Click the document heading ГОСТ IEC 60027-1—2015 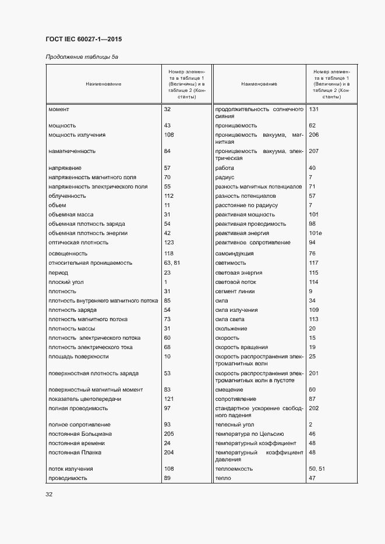point(83,40)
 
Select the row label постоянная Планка point(71,452)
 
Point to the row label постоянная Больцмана point(76,433)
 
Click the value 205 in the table point(169,433)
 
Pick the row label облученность point(67,196)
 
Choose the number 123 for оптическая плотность point(169,243)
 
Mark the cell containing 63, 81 point(172,263)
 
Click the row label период point(58,272)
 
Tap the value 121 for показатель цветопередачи point(169,399)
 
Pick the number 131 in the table point(314,109)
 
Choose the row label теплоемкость point(234,468)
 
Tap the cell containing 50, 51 point(316,468)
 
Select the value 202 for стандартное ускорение point(314,408)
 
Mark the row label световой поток point(236,282)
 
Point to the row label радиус point(225,177)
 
